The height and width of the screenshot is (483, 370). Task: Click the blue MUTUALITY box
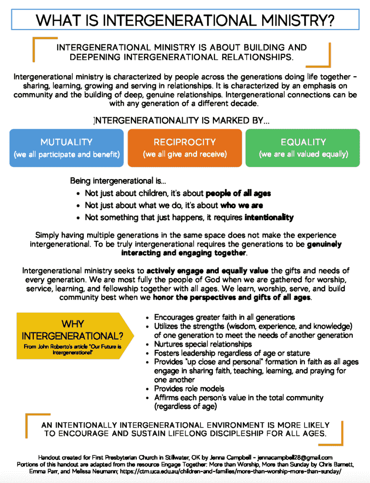point(66,148)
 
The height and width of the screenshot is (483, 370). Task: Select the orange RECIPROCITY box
point(185,148)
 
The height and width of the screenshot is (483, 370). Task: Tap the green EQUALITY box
point(303,148)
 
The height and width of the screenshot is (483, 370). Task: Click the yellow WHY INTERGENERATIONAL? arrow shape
point(72,336)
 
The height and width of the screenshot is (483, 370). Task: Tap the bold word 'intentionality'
point(269,217)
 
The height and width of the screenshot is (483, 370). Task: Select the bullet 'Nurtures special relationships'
point(202,344)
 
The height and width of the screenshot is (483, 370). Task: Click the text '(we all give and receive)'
point(185,154)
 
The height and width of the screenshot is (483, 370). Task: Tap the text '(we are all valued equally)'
point(303,154)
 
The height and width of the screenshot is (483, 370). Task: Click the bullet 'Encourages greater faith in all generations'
point(224,317)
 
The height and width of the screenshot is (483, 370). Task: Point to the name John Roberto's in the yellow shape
point(47,347)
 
